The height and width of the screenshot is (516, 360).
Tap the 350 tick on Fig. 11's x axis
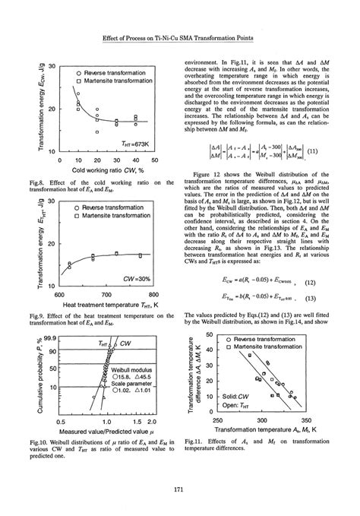pos(306,419)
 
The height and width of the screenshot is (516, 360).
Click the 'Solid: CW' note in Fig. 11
pos(237,396)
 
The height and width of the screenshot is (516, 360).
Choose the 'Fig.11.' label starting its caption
pos(198,442)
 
